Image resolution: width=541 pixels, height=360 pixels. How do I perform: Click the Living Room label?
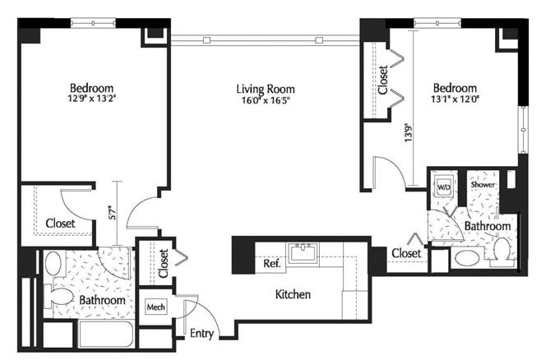coord(265,90)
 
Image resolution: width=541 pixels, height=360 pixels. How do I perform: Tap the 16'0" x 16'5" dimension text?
coord(265,102)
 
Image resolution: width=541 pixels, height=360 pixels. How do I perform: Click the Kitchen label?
coord(292,293)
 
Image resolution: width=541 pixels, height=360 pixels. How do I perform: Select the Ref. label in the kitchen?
coord(273,264)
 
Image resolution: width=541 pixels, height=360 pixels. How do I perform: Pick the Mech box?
coord(155,307)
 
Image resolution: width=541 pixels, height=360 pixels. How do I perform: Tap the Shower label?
coord(482,187)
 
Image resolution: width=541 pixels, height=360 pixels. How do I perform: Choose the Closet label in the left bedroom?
coord(61,223)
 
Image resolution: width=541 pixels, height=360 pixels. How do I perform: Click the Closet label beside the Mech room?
coord(163,262)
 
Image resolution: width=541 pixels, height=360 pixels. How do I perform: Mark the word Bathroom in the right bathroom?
coord(488,226)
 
